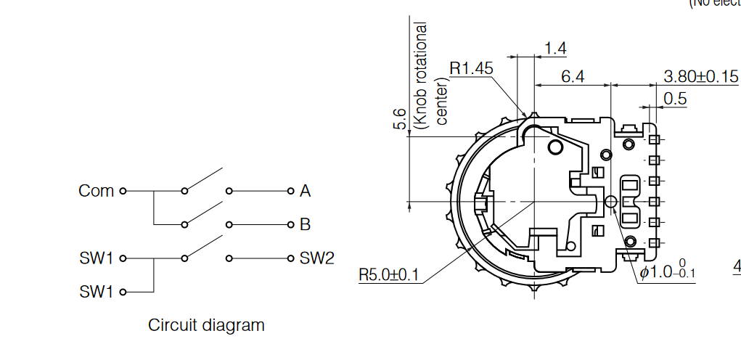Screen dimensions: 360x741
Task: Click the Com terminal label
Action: click(x=96, y=191)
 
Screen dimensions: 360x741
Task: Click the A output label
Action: click(x=305, y=191)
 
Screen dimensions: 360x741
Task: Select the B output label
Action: click(x=305, y=224)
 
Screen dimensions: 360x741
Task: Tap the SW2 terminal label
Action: click(x=316, y=258)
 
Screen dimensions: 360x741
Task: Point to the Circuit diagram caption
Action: click(x=206, y=324)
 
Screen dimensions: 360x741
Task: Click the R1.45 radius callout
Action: click(x=471, y=67)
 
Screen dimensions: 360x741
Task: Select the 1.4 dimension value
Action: click(x=555, y=48)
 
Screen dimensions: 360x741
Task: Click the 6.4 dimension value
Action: click(x=573, y=75)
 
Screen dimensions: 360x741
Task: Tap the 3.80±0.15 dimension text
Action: click(x=700, y=76)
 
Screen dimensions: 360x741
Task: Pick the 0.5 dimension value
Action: click(x=674, y=99)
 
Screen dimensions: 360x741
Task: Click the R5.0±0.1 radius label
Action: click(x=389, y=275)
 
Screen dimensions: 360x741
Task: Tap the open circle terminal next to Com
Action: click(x=123, y=191)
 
